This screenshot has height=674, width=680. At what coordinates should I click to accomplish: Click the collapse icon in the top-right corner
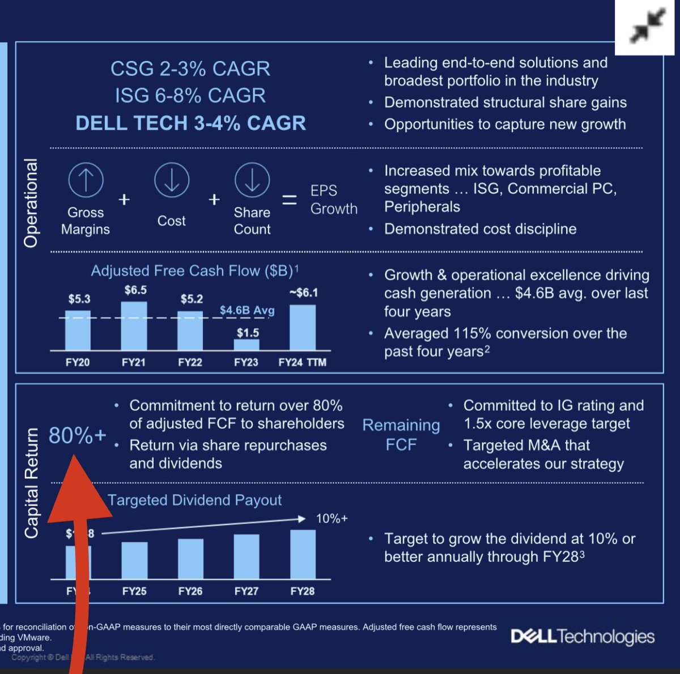coord(647,27)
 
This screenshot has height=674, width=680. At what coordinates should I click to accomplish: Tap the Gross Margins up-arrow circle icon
coord(86,180)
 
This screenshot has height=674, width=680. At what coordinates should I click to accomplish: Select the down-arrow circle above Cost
coord(171,180)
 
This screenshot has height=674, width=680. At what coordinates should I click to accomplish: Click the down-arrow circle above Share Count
coord(252,180)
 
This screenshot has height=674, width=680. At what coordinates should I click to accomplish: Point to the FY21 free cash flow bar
coord(134,326)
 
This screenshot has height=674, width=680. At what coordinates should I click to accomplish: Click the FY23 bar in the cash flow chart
coord(246,345)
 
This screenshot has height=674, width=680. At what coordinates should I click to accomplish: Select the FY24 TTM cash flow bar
coord(303,328)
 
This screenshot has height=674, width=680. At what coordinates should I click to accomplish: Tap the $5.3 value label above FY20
coord(79,299)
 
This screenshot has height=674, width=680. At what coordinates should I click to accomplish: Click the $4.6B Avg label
coord(247,310)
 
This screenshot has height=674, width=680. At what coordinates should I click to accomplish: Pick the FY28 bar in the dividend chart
coord(303,554)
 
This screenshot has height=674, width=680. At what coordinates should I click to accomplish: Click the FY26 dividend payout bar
coord(190,559)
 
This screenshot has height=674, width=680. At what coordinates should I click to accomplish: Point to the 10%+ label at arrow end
coord(331,519)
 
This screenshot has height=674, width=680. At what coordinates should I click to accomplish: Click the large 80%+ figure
coord(77,435)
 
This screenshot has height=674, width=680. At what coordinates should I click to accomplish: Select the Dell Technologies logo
coord(583,637)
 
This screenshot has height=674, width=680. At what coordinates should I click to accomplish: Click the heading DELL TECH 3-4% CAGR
coord(190,123)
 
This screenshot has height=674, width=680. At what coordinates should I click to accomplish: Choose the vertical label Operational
coord(31,203)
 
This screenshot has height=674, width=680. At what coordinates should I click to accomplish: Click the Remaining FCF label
coord(401,435)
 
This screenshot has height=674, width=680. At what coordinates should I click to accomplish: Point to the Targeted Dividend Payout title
coord(194,500)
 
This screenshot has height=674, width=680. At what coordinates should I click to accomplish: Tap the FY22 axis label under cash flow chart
coord(190,362)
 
